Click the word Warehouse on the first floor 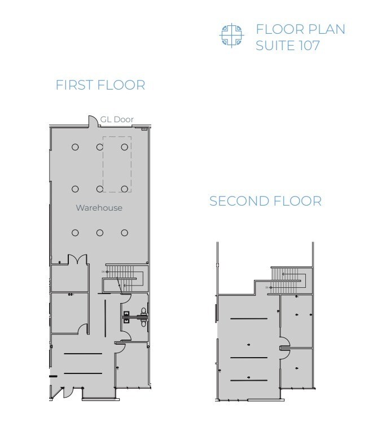pyautogui.click(x=99, y=208)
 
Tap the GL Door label pyautogui.click(x=117, y=119)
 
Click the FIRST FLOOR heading pyautogui.click(x=100, y=85)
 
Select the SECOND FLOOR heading pyautogui.click(x=265, y=201)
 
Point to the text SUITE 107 pyautogui.click(x=287, y=46)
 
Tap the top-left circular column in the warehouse pyautogui.click(x=75, y=147)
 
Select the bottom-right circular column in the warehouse pyautogui.click(x=125, y=233)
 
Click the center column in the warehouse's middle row pyautogui.click(x=100, y=189)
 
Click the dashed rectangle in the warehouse pyautogui.click(x=117, y=164)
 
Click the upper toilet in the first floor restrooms pyautogui.click(x=143, y=311)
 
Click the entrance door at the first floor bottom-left pyautogui.click(x=67, y=392)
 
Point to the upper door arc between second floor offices pyautogui.click(x=285, y=341)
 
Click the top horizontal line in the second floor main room pyautogui.click(x=249, y=319)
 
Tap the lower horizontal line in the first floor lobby pyautogui.click(x=82, y=373)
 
